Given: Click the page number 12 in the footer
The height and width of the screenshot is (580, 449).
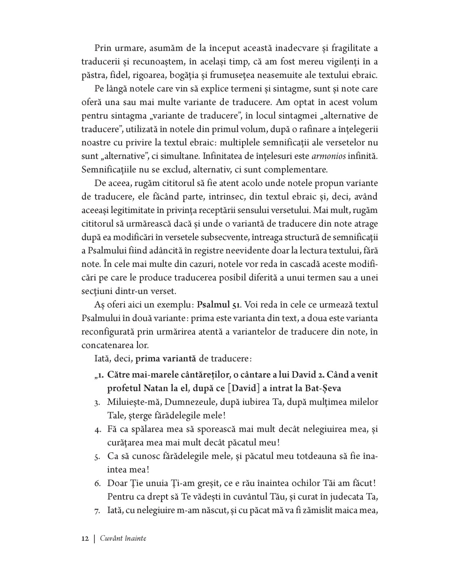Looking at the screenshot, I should pyautogui.click(x=85, y=538).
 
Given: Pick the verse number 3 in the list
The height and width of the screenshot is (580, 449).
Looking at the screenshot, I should pyautogui.click(x=98, y=403).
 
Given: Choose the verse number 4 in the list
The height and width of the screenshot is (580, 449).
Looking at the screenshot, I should pyautogui.click(x=98, y=429).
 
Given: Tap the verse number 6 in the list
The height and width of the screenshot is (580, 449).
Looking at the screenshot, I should pyautogui.click(x=98, y=483).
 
